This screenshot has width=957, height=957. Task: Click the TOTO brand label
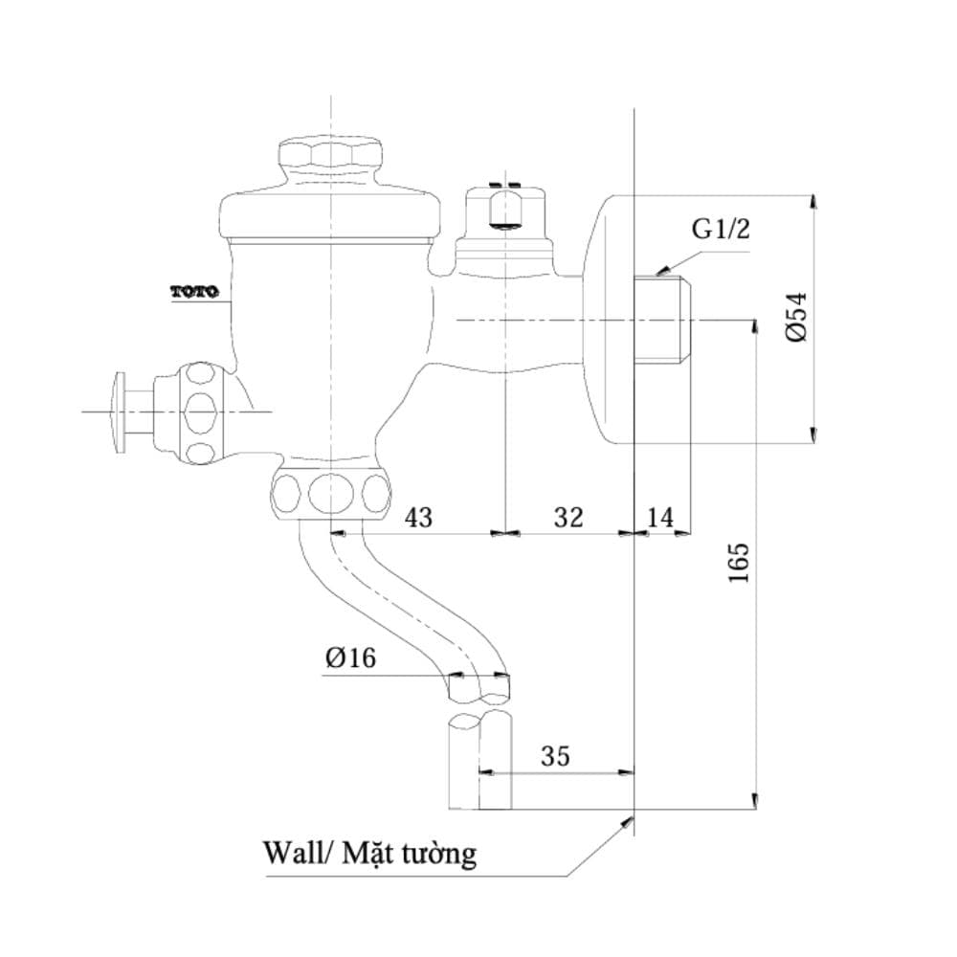(194, 292)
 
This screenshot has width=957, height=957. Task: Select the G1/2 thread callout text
(721, 230)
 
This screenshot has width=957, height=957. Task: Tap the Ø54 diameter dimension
(796, 318)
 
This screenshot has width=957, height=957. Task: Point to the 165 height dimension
(739, 562)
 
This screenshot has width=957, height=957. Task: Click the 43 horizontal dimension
(419, 518)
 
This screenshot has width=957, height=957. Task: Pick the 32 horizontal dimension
(568, 517)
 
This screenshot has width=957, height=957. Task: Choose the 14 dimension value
(659, 517)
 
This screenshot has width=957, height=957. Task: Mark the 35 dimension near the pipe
(555, 756)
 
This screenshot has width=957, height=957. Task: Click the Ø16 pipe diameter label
(350, 657)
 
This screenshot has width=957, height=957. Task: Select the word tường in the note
(439, 854)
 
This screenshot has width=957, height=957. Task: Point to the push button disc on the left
(120, 412)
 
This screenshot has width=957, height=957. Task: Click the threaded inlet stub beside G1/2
(663, 320)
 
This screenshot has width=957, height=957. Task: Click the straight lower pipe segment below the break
(480, 761)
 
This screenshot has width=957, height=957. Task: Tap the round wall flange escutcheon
(608, 319)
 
